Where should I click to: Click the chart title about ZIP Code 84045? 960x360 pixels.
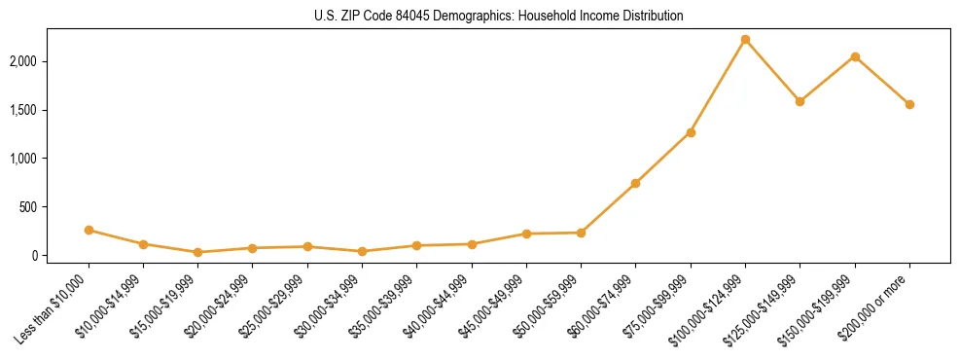coord(499,17)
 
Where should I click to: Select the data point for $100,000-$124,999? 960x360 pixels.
coord(745,40)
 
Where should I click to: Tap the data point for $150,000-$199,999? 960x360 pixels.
coord(855,56)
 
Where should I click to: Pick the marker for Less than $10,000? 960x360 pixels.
coord(89,231)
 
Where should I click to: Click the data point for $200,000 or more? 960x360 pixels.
coord(909,104)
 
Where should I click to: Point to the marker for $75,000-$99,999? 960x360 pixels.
coord(691,132)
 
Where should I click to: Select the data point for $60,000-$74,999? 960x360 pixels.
coord(635,183)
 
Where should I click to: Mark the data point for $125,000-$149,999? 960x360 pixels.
coord(800,101)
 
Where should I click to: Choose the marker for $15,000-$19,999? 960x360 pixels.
coord(197,252)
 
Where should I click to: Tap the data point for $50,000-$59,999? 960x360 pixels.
coord(581,233)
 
